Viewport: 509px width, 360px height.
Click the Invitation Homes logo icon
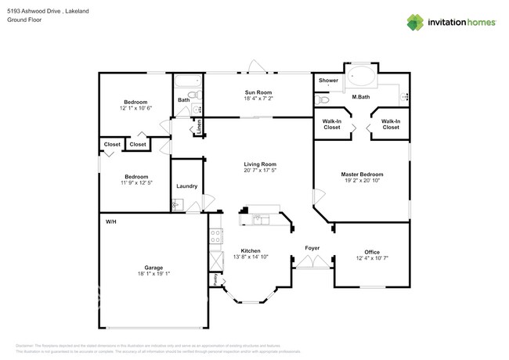[414, 22]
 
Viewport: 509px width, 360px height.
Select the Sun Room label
[258, 92]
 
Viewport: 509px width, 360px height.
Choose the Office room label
[372, 252]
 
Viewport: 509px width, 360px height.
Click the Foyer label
[312, 248]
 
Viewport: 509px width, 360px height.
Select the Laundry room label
[186, 186]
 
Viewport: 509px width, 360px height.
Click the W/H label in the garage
[111, 222]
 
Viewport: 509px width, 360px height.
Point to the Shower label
[328, 81]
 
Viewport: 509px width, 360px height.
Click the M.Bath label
[361, 97]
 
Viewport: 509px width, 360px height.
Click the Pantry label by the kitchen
[213, 279]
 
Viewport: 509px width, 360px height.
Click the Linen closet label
[199, 124]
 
